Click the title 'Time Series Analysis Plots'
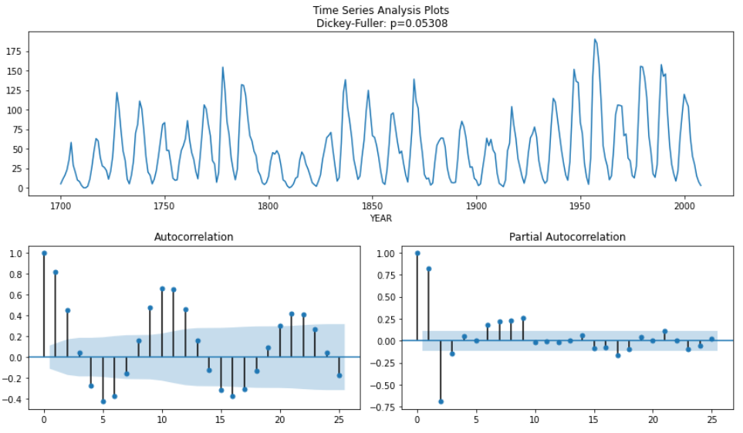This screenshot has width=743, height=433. tap(380, 10)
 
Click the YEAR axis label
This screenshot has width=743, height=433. tap(380, 218)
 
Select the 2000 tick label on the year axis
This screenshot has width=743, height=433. tap(684, 206)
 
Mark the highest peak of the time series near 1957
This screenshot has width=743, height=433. tap(595, 39)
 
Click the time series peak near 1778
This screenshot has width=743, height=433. tap(223, 67)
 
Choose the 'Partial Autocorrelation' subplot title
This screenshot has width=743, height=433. tap(567, 237)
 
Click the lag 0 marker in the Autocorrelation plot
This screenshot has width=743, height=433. tap(44, 253)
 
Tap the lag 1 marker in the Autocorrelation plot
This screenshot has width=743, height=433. tap(56, 272)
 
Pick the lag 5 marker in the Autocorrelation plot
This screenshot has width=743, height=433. tap(103, 401)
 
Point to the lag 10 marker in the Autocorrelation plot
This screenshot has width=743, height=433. tap(162, 289)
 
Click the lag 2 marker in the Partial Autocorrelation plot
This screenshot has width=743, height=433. tap(441, 401)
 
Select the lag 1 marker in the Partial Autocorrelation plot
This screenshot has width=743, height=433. tap(429, 269)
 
